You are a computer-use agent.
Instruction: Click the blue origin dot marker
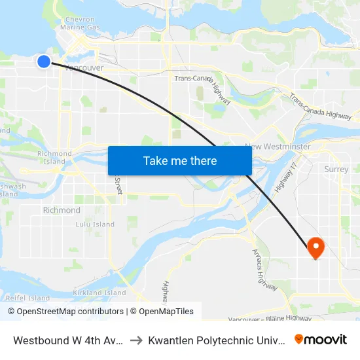(x=44, y=62)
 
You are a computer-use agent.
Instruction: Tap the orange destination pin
(x=316, y=247)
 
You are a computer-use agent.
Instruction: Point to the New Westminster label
(x=278, y=147)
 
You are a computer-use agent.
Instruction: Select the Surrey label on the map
(x=336, y=169)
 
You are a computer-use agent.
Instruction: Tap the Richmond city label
(x=62, y=210)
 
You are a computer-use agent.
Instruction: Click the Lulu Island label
(x=95, y=224)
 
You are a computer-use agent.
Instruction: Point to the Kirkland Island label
(x=99, y=293)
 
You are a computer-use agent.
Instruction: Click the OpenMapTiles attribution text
(x=164, y=312)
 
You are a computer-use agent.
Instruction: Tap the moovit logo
(x=321, y=339)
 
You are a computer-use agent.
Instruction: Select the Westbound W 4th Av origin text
(x=67, y=340)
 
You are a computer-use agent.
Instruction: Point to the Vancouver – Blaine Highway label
(x=270, y=318)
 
